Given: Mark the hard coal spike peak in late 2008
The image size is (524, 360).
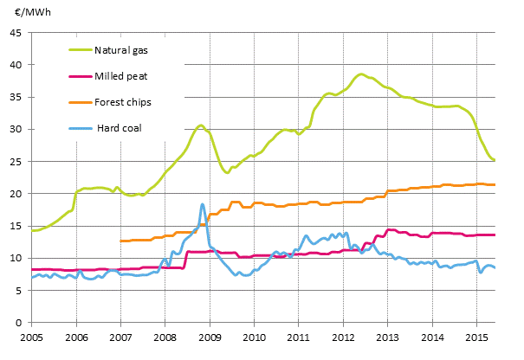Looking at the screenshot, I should point(203,204).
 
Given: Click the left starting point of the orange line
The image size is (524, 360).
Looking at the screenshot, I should point(120,241).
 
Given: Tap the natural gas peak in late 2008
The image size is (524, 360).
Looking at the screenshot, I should point(200,125).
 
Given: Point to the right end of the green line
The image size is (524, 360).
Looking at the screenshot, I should point(495,160).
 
